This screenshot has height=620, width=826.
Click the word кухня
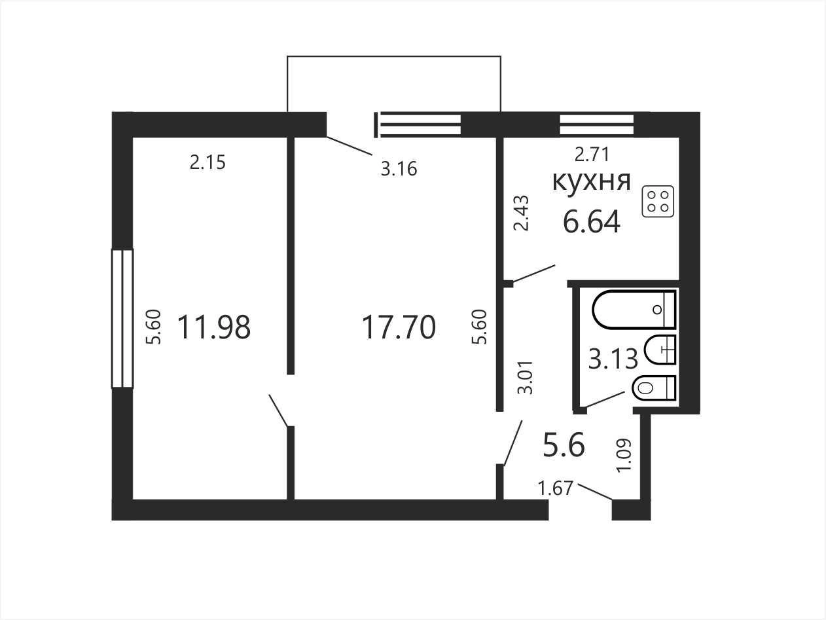(591, 182)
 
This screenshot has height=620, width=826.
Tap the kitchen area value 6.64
(592, 222)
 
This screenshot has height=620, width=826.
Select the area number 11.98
(214, 327)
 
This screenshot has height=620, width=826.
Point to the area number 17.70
(399, 327)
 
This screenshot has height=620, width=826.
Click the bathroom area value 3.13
(613, 359)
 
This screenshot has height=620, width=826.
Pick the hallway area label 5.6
(564, 445)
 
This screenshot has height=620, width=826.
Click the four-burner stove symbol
(658, 202)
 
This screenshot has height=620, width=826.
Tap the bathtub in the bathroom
(634, 310)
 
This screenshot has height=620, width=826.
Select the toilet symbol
(654, 388)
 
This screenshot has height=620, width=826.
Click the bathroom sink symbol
(660, 350)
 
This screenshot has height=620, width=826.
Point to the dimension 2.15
(207, 162)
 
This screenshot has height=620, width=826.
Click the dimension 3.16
(399, 169)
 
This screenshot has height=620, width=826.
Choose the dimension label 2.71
(592, 154)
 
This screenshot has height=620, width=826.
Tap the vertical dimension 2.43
(522, 213)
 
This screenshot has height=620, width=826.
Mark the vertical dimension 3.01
(526, 378)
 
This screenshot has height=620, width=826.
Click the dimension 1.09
(623, 455)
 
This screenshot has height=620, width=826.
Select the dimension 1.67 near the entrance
(556, 488)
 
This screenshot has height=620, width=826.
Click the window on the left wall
(122, 318)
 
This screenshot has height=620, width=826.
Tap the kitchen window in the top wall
(597, 124)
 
